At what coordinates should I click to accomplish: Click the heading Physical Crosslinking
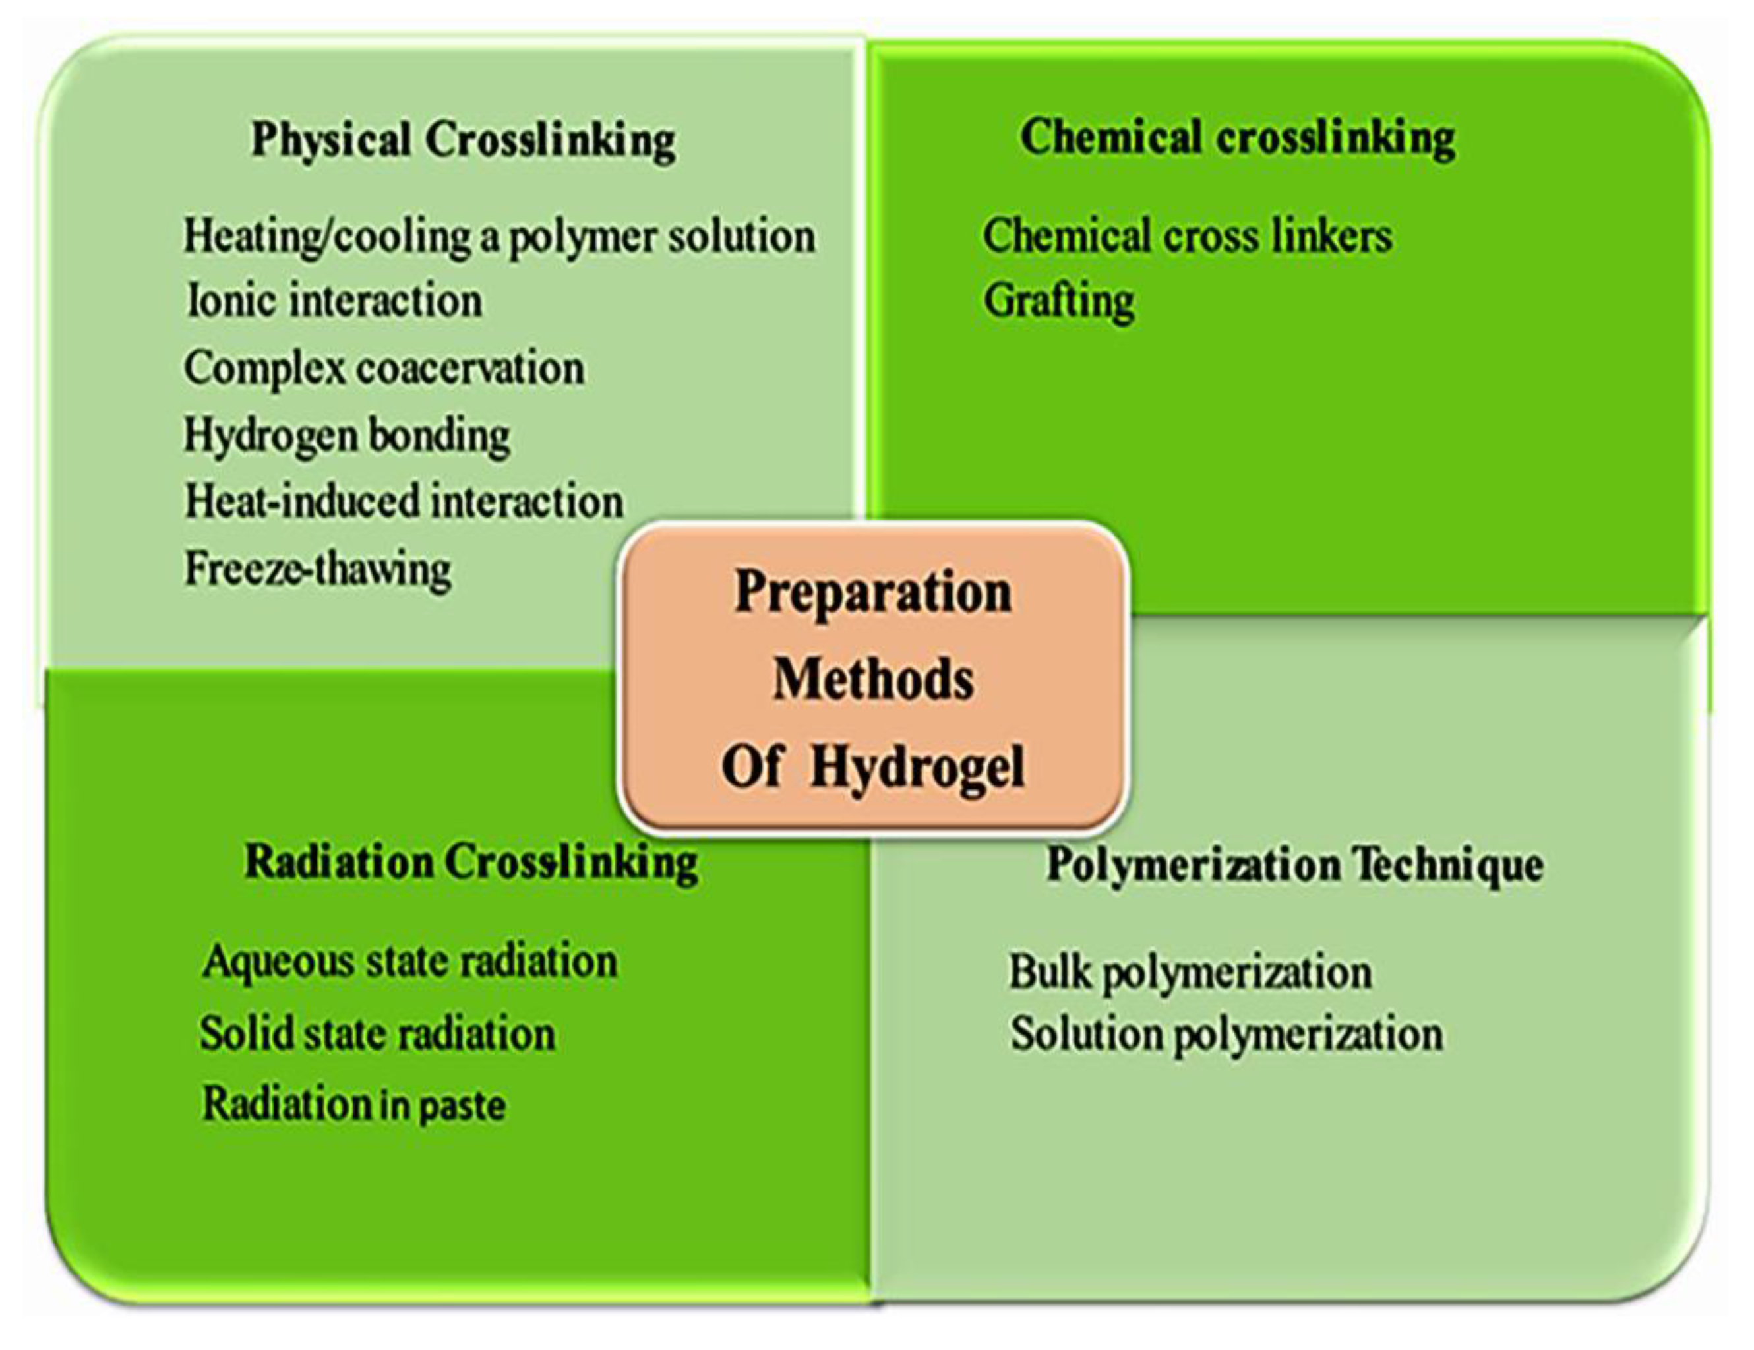464,141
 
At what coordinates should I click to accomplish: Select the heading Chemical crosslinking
1237,138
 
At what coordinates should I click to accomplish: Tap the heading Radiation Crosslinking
471,863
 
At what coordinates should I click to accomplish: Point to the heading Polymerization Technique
1294,867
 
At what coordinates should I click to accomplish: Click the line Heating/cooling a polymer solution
500,237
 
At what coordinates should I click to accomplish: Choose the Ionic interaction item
334,300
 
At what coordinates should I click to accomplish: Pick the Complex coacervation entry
384,369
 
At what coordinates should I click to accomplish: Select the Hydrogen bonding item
347,437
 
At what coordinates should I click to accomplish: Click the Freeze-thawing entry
318,569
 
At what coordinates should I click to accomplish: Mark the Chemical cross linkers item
1188,236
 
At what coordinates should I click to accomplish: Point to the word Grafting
1058,302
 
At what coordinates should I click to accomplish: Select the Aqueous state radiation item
410,962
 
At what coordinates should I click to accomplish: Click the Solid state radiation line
377,1033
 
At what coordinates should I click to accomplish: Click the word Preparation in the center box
873,594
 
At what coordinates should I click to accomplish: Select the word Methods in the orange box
873,679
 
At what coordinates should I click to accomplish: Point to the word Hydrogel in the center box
917,768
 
